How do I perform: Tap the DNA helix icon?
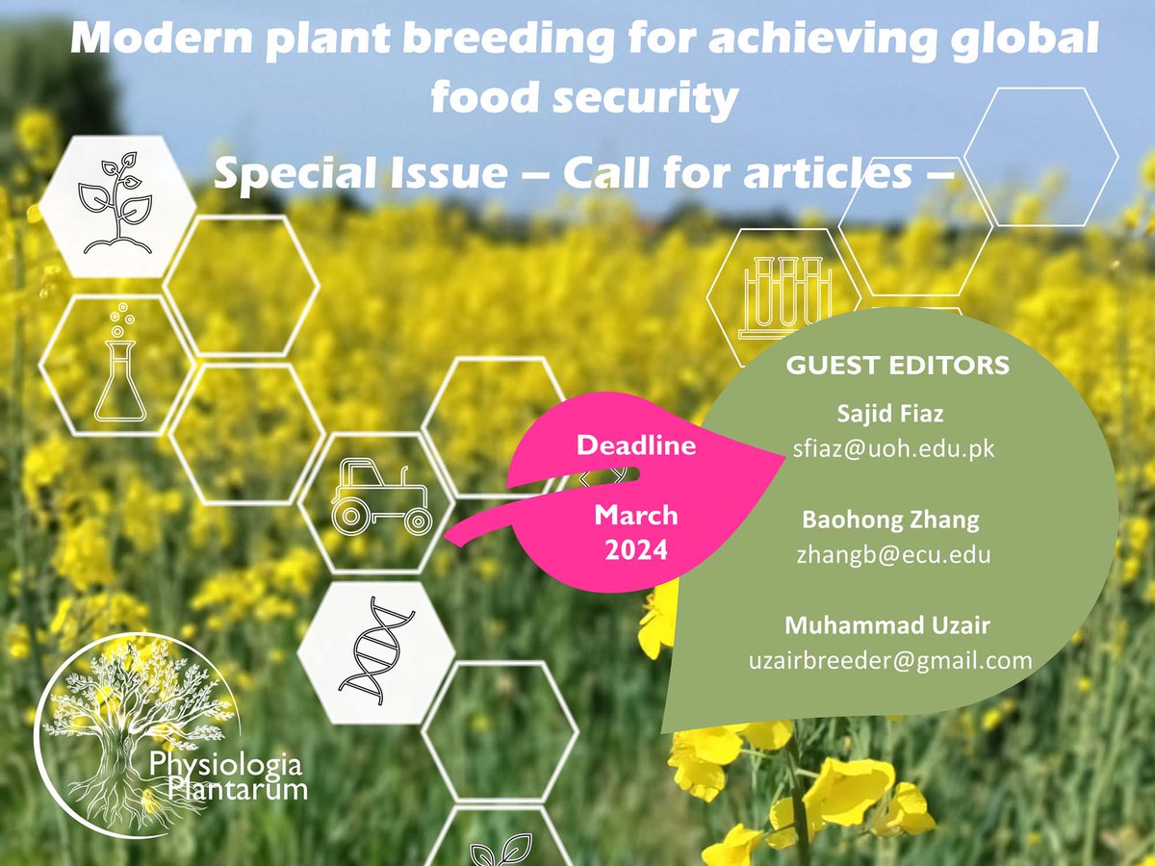tap(375, 652)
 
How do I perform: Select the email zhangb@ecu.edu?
tap(893, 554)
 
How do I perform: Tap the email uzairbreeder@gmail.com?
tap(890, 661)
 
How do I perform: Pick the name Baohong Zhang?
tap(890, 521)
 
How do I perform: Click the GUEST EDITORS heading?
tap(897, 366)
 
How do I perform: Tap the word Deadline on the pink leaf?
tap(635, 446)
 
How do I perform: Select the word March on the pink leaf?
tap(635, 516)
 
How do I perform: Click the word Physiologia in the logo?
tap(225, 766)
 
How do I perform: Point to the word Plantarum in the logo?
tap(236, 790)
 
